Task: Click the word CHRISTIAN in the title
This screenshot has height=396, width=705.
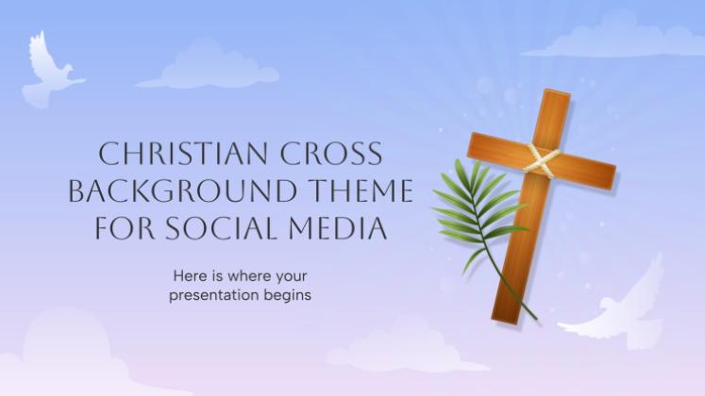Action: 182,154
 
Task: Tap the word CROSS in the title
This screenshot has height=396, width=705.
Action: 331,154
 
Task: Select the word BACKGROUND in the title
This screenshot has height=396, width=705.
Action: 182,190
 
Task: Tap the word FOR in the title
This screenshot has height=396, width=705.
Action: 125,228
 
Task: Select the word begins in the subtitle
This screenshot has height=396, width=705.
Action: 288,296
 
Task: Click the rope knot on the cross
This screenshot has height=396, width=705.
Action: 543,160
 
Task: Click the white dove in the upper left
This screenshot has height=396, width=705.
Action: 50,72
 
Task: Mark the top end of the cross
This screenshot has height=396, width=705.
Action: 558,92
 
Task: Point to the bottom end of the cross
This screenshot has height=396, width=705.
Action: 506,319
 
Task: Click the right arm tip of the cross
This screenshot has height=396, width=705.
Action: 613,176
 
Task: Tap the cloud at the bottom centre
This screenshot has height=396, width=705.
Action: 405,349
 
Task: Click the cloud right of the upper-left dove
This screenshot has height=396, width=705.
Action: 209,66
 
